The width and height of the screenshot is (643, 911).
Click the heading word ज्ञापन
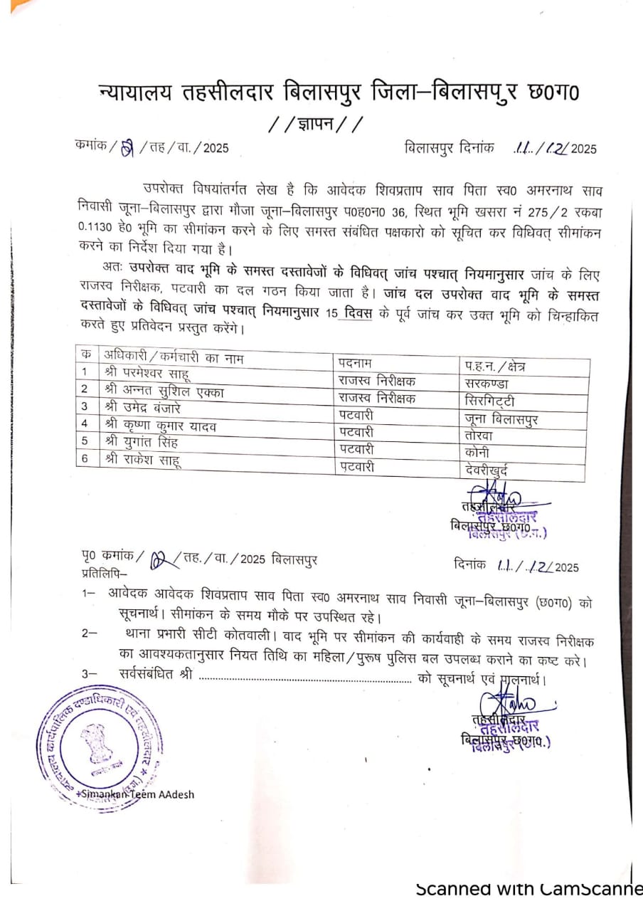click(x=315, y=125)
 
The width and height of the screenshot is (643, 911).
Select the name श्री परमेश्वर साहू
click(x=147, y=373)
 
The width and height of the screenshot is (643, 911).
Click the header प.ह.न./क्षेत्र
click(x=496, y=366)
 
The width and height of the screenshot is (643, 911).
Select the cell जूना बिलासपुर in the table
click(x=500, y=418)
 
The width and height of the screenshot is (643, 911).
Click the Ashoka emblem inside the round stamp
click(x=98, y=742)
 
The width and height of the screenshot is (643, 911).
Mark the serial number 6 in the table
click(x=85, y=458)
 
